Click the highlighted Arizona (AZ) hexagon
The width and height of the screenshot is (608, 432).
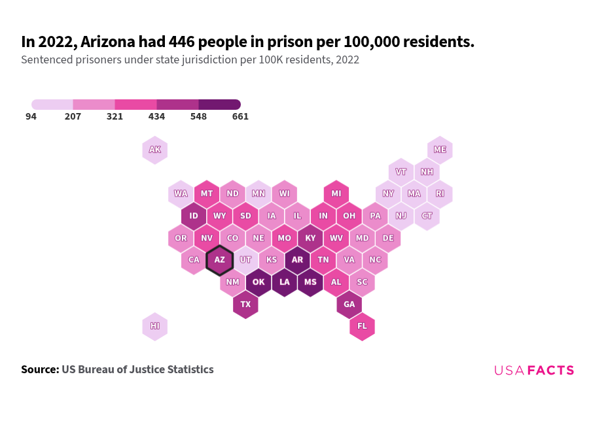pos(219,260)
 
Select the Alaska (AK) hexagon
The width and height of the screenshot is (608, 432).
pos(155,150)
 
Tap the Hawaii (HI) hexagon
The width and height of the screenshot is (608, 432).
pos(155,326)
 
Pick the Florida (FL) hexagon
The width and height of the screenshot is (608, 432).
pos(362,326)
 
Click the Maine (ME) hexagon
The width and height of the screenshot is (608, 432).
pos(440,150)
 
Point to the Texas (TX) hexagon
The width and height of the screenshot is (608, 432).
pos(245,305)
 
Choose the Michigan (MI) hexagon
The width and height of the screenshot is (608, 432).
pos(336,194)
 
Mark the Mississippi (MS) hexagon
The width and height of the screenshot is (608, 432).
pos(310,282)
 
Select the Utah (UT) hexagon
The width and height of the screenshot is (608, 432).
pos(245,260)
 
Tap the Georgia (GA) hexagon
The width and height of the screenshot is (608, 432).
pos(349,305)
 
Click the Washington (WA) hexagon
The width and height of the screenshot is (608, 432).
pos(181,194)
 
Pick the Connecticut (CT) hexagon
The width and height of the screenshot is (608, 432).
pos(427,216)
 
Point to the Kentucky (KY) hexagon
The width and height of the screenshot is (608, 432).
pos(310,238)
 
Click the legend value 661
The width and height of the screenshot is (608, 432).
pos(240,117)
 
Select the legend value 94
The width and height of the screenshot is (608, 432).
pos(31,117)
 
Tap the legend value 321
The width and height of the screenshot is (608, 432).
pos(115,117)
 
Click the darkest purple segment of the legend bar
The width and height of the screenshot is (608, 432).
pos(219,105)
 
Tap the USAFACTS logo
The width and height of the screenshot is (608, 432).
pos(534,371)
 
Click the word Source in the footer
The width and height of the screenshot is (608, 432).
pos(39,370)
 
